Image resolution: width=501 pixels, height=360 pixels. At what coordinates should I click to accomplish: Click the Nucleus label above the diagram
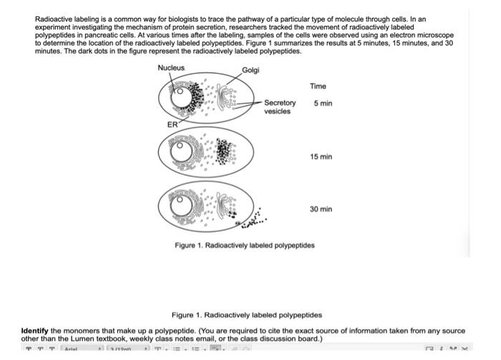[x=171, y=68]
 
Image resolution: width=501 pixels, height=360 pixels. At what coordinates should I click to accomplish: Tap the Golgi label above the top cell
[x=250, y=70]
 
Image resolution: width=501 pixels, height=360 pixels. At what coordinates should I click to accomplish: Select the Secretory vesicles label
[x=279, y=107]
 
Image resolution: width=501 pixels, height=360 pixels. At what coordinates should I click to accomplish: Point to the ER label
[x=172, y=125]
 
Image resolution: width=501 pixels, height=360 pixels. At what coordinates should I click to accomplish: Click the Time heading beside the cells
[x=318, y=87]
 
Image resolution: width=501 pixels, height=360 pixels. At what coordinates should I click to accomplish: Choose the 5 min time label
[x=323, y=104]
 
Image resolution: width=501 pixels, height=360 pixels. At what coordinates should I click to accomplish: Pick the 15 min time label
[x=321, y=157]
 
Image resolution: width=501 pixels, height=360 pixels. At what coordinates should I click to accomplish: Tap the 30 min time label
[x=321, y=209]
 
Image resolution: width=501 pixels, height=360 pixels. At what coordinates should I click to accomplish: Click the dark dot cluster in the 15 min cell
[x=225, y=151]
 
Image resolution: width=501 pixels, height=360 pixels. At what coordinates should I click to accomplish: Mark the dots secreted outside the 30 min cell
[x=253, y=225]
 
